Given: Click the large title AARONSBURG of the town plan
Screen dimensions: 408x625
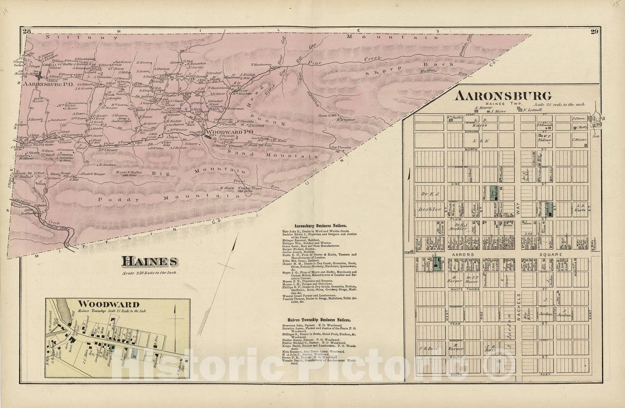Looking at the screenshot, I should [x=504, y=96].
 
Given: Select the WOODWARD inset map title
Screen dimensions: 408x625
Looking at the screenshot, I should [x=109, y=304].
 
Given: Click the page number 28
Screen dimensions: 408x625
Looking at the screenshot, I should [x=27, y=32].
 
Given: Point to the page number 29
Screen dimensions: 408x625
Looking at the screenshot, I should [x=595, y=32].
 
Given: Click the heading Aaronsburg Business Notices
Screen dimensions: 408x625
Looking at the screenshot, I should [x=317, y=226].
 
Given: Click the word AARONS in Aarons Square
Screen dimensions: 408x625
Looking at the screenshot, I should [x=463, y=254].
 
